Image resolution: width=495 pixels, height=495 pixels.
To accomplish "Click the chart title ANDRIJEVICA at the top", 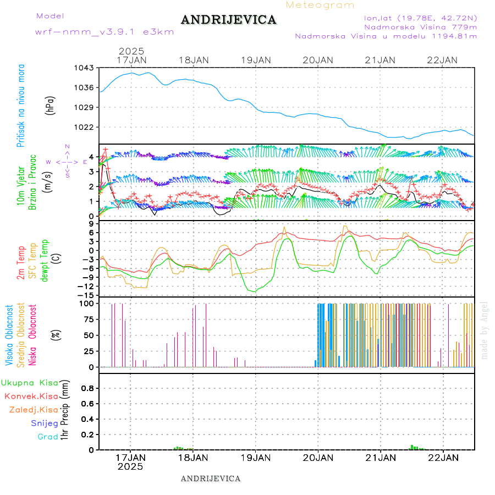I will pyautogui.click(x=228, y=20).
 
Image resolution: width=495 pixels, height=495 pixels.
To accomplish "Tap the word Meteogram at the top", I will pyautogui.click(x=320, y=5).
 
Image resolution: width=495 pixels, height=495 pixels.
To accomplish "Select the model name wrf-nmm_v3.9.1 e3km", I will pyautogui.click(x=105, y=32).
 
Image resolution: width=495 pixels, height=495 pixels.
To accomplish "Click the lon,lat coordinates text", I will pyautogui.click(x=416, y=17).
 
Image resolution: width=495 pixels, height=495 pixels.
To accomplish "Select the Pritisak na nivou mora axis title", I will pyautogui.click(x=21, y=106).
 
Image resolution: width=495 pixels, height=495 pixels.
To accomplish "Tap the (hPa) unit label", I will pyautogui.click(x=49, y=106).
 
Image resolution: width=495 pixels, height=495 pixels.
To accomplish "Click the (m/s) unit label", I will pyautogui.click(x=49, y=180).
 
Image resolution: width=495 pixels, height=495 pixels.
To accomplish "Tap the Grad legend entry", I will pyautogui.click(x=47, y=437).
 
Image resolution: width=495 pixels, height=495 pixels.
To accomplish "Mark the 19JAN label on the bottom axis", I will pyautogui.click(x=255, y=457).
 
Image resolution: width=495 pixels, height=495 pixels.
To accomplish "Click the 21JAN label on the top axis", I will pyautogui.click(x=380, y=60).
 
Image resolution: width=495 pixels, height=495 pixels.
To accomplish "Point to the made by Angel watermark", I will pyautogui.click(x=485, y=330).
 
